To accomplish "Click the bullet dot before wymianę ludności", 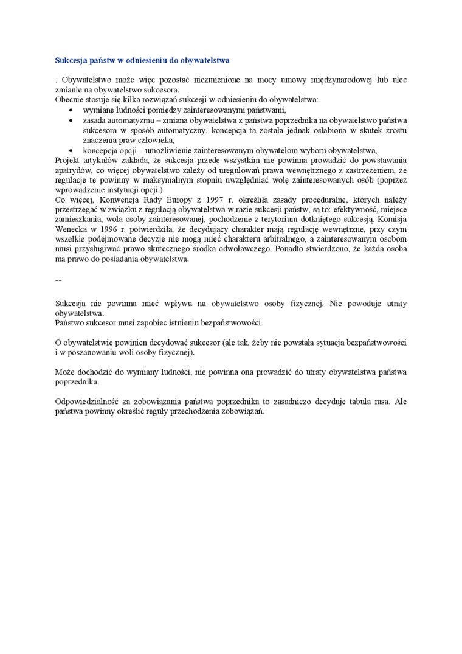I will tap(72, 110).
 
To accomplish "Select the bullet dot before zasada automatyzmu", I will tap(72, 120).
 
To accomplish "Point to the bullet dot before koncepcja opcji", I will tap(72, 151).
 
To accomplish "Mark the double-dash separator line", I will tap(58, 280).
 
